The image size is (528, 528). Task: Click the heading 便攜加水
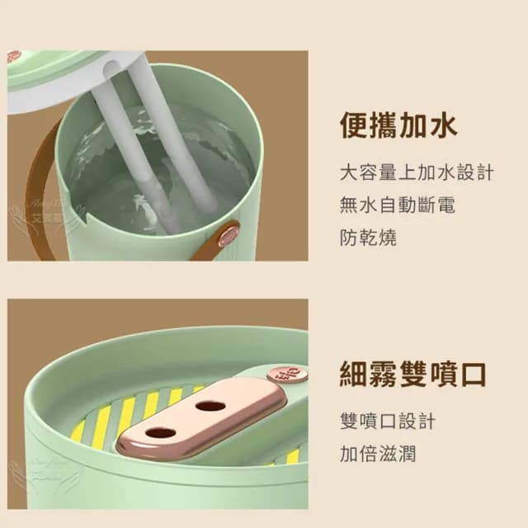398,125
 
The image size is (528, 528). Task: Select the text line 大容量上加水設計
417,173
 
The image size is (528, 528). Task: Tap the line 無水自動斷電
397,205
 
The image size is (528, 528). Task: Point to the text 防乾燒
368,238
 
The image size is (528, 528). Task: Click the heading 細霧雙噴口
413,373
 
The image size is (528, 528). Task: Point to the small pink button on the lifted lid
13,56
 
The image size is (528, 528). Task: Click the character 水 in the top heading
443,125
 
